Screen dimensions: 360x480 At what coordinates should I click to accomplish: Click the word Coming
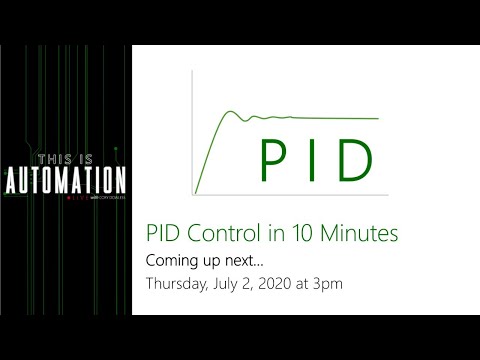[172, 260]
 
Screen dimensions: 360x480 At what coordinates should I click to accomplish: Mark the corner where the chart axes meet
[193, 193]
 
